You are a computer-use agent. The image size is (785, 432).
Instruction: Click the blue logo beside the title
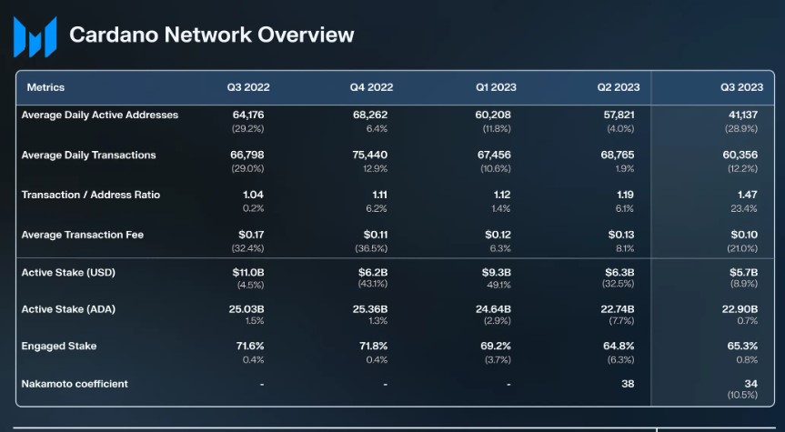coord(35,36)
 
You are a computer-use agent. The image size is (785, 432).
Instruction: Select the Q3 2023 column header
coord(741,87)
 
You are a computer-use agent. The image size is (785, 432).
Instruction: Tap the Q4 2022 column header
coord(371,87)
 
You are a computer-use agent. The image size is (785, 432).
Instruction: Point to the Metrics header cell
coord(45,87)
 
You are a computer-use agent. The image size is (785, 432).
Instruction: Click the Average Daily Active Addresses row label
coord(100,116)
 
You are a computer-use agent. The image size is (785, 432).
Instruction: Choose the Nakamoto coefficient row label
coord(75,384)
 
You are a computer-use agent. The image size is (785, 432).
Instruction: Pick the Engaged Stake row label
coord(59,347)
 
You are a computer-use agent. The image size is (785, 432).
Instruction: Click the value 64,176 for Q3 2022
coord(248,116)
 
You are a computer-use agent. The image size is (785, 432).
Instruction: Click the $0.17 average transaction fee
coord(250,236)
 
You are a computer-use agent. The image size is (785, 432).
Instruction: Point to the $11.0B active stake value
coord(247,273)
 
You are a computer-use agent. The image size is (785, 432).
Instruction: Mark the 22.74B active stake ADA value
coord(618,310)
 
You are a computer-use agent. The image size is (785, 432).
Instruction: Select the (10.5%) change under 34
coord(741,396)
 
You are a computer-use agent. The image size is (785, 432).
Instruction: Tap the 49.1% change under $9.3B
coord(498,285)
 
